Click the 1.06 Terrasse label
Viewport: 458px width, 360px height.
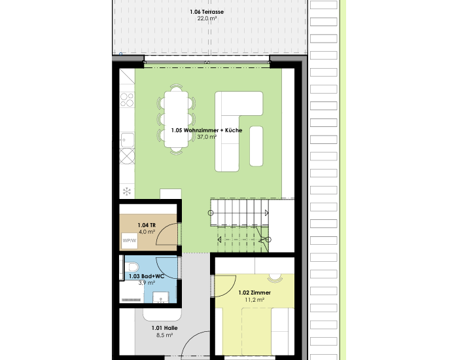tap(207, 12)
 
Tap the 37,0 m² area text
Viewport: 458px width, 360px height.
tap(207, 137)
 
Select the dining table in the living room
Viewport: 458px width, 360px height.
tap(176, 119)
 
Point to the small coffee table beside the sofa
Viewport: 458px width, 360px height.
tap(256, 146)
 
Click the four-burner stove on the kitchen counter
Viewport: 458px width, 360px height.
tap(127, 99)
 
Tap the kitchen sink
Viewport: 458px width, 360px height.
tap(128, 140)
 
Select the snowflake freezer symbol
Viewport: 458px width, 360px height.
tap(127, 192)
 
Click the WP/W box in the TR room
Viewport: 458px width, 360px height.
tap(130, 241)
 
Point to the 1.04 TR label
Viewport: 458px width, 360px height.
tap(147, 225)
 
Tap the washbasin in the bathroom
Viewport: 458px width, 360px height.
tap(160, 297)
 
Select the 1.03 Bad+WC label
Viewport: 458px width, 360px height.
tap(147, 276)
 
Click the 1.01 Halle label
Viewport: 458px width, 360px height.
tap(164, 328)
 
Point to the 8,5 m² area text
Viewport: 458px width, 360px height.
tap(164, 335)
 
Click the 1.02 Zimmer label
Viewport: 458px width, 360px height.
tap(255, 293)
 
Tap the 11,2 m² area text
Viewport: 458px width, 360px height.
tap(255, 300)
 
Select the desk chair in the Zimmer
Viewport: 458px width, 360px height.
tap(275, 278)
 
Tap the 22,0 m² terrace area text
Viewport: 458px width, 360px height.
tap(207, 19)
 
